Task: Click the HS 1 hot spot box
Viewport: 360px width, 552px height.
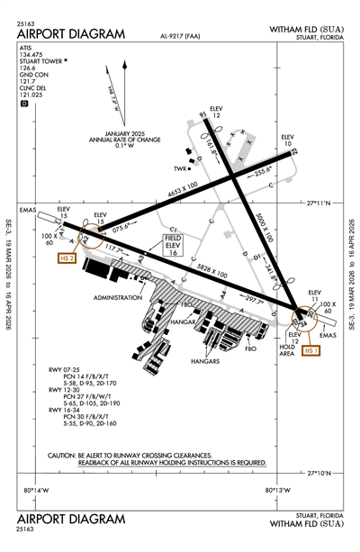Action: coord(312,350)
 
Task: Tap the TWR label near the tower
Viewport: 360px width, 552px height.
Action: coord(182,168)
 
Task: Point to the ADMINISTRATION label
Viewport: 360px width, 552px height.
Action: coord(117,296)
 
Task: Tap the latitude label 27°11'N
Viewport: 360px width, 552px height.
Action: coord(321,204)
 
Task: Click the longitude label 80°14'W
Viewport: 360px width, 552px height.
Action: coord(33,490)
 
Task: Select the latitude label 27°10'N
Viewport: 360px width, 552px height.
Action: coord(321,472)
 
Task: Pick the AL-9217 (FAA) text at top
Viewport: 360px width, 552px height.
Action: coord(179,39)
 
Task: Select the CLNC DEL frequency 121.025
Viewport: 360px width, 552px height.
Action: coord(31,94)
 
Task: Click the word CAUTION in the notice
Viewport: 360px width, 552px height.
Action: coord(66,456)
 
